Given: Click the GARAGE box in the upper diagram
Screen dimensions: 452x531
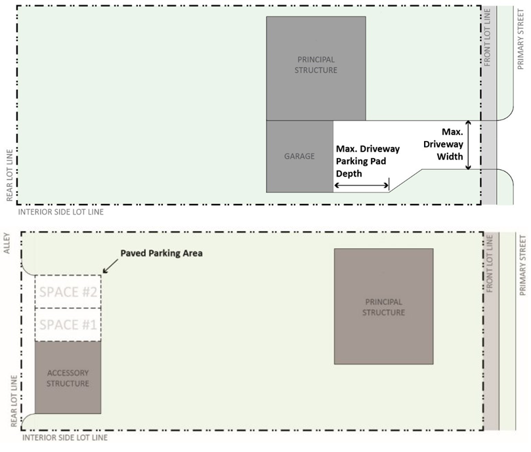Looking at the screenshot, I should (299, 156).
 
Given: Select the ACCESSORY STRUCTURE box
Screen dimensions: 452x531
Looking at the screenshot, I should (68, 377).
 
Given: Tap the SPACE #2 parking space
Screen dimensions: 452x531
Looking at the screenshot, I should (68, 292).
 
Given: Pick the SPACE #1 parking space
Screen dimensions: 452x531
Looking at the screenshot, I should (68, 324).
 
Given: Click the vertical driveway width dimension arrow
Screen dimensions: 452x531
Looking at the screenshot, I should (469, 145).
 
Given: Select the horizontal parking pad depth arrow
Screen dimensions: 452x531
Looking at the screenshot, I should (362, 186).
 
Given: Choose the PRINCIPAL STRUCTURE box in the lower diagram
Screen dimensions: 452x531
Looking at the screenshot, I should (383, 306).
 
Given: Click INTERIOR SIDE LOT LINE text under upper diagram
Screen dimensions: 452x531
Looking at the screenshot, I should (61, 213).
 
